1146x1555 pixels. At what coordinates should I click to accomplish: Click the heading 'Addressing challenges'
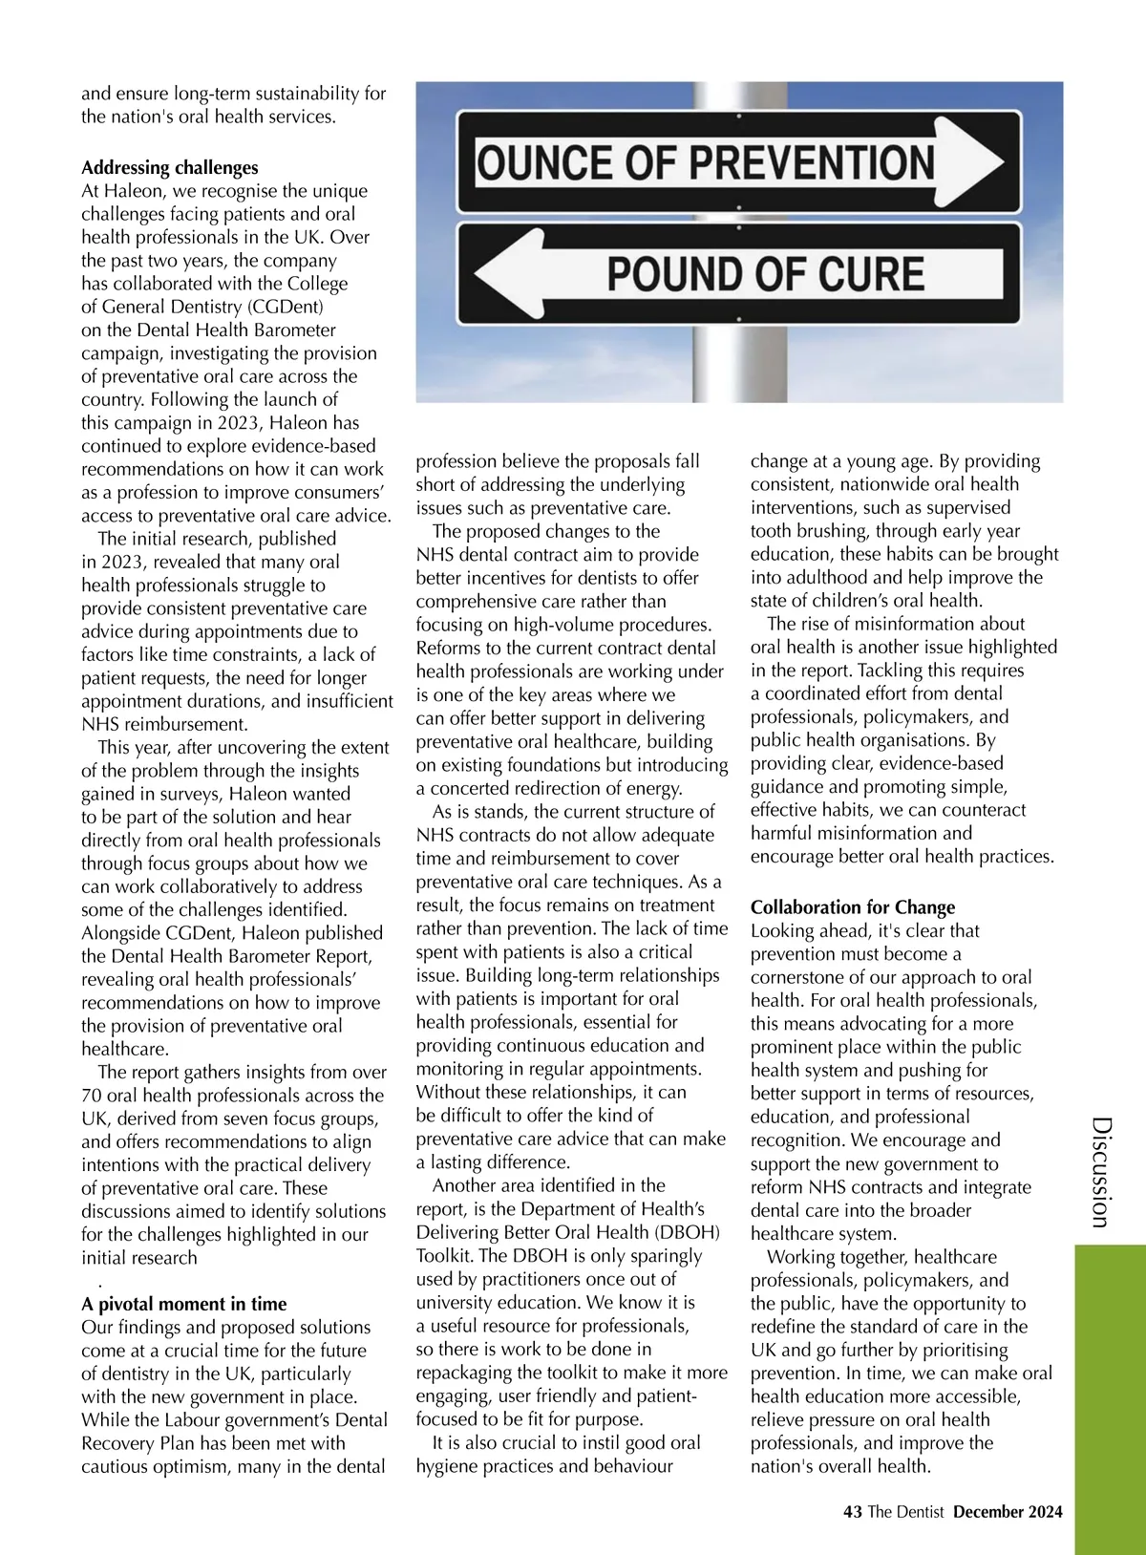[170, 168]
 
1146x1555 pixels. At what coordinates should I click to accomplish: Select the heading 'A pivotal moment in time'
[183, 1304]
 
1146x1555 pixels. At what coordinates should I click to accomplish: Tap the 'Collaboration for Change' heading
[853, 907]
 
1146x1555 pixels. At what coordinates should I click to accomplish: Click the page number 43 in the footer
[853, 1512]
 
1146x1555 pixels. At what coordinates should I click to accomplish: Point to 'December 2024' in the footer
[1008, 1512]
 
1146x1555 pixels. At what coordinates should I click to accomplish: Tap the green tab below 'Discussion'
[1110, 1395]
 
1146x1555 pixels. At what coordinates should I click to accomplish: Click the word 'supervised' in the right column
[962, 507]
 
